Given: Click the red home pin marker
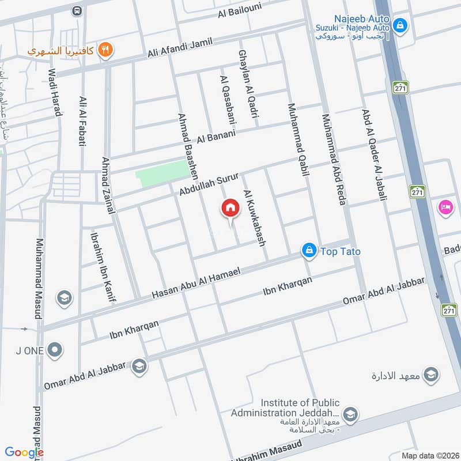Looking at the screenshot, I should tap(230, 208).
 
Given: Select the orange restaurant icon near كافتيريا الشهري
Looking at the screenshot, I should tap(104, 50).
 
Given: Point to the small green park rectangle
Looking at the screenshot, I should tap(162, 172).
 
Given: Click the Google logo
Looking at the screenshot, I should tap(24, 452).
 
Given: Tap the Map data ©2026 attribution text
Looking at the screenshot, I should tap(430, 455).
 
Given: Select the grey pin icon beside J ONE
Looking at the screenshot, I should tap(55, 349).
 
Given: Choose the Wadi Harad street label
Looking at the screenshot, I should tap(55, 92).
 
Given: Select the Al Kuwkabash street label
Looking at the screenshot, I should tap(255, 218).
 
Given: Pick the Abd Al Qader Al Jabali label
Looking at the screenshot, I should tap(373, 154).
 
